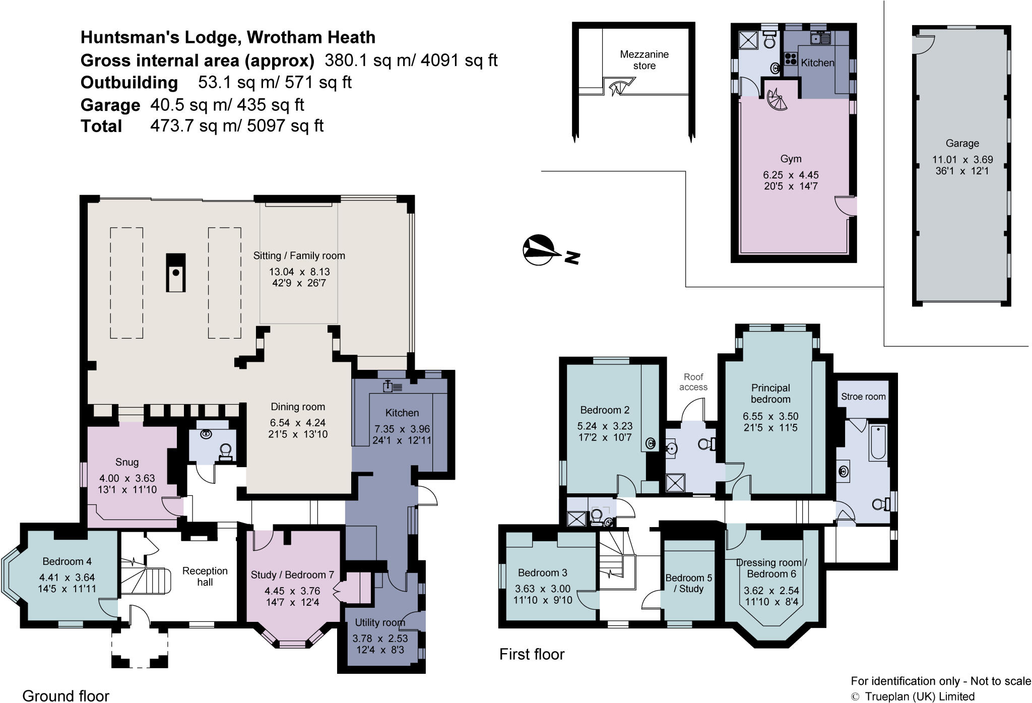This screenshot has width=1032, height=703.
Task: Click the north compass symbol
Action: [539, 250]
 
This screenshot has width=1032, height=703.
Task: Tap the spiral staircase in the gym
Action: [776, 101]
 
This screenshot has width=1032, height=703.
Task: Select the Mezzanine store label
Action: [644, 60]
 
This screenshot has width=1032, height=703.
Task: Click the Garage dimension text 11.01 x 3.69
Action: [962, 160]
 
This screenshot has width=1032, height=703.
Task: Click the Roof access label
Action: [693, 382]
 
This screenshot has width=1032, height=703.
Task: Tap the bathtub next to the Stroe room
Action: [878, 443]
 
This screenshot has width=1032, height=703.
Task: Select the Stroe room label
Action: [863, 397]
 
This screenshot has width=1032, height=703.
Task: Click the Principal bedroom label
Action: [770, 394]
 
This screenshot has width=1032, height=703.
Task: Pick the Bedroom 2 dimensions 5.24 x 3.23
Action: [604, 426]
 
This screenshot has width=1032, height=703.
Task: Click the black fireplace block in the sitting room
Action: [176, 273]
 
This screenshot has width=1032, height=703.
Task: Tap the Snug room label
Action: [126, 462]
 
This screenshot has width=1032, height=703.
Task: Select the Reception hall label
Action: [205, 577]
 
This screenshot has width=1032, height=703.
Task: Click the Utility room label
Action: [379, 623]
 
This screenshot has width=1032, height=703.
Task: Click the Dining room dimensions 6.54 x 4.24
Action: [297, 423]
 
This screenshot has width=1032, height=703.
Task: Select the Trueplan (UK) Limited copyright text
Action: [919, 696]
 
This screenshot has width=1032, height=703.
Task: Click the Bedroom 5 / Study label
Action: [688, 583]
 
